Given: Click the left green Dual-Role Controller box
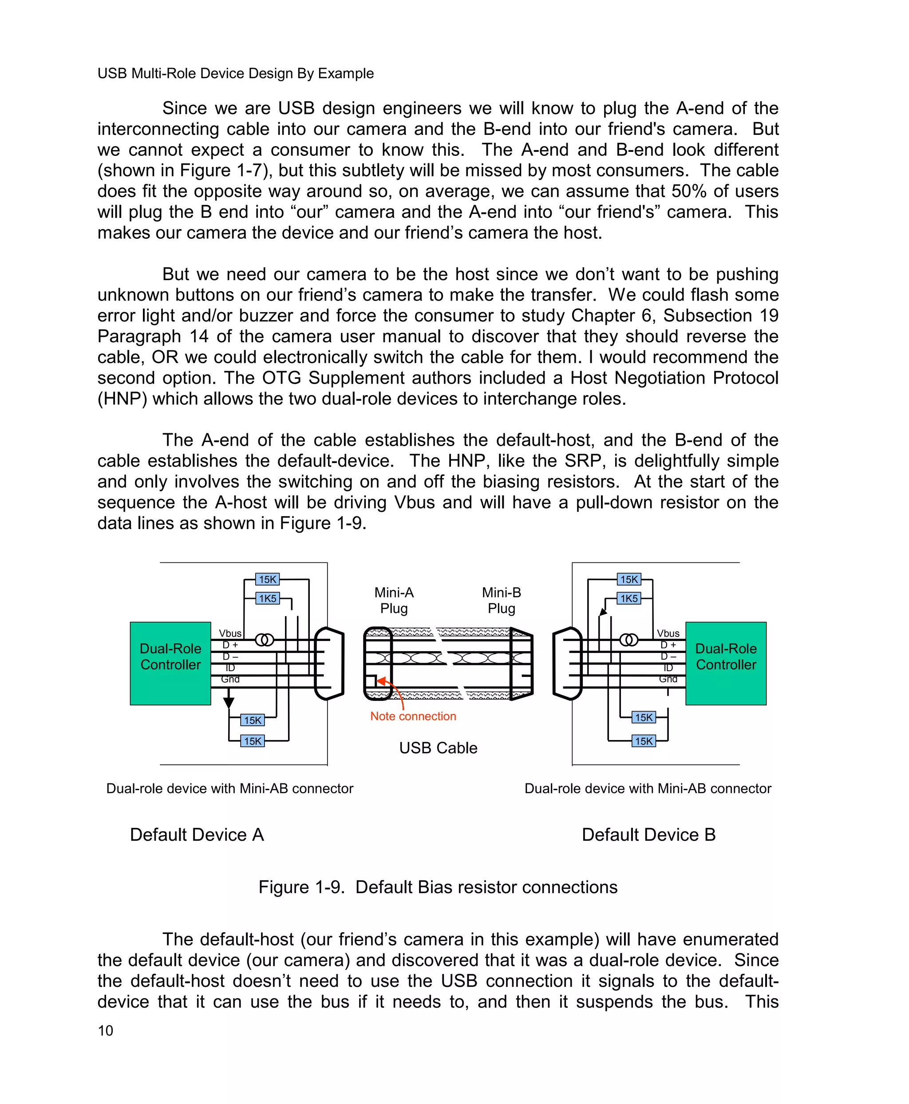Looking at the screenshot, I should [170, 663].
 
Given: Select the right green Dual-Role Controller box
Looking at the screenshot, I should [726, 663].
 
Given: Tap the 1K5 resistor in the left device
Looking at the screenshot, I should [267, 598].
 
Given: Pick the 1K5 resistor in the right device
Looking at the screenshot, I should [629, 598].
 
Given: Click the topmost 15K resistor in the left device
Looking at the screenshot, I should [267, 579].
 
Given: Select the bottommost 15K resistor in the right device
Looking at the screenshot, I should [644, 741].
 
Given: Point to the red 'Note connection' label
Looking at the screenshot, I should [413, 716].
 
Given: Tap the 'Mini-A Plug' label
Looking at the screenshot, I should [394, 600].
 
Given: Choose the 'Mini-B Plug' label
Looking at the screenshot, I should [501, 600].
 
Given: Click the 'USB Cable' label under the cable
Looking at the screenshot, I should [438, 748].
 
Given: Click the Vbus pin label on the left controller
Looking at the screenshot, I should [230, 633].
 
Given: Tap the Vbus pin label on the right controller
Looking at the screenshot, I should [668, 633].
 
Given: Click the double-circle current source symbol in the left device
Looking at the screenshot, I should [265, 640].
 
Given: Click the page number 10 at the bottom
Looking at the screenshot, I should [105, 1031].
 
